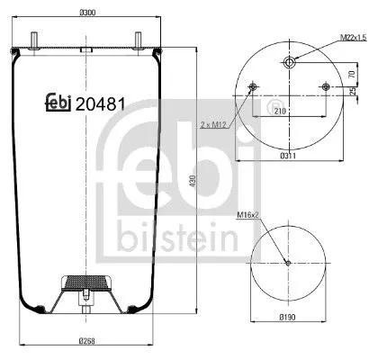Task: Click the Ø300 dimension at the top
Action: click(x=87, y=13)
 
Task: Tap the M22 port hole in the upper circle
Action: click(x=288, y=62)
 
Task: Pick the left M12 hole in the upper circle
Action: click(x=251, y=87)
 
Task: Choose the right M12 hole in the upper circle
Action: click(x=325, y=87)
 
